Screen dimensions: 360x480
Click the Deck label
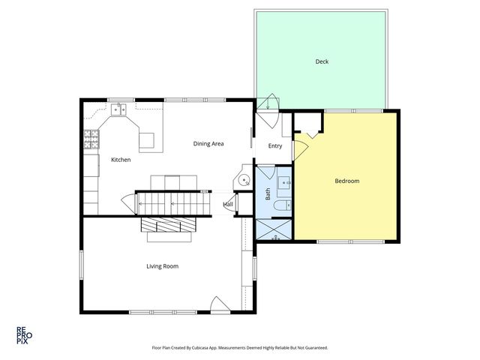[x=322, y=61]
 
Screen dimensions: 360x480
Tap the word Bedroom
[x=346, y=181]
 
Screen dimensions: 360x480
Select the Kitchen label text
[x=121, y=160]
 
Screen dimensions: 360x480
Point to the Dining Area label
[x=208, y=143]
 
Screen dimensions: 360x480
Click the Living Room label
[x=162, y=265]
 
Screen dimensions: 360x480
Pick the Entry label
[x=275, y=145]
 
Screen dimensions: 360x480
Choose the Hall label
[x=228, y=204]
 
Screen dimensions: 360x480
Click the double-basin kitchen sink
[x=118, y=111]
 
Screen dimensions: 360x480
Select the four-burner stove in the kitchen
[x=91, y=138]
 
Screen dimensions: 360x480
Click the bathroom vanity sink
[x=285, y=181]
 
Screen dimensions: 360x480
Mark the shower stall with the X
[x=274, y=229]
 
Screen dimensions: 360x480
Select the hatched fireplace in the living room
[x=168, y=226]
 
